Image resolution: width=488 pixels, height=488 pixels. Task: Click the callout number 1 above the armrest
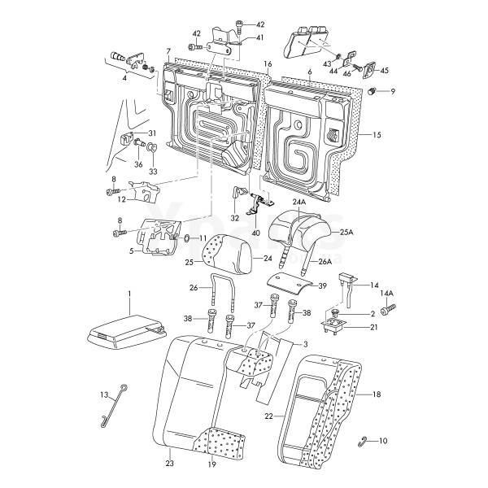(x=129, y=292)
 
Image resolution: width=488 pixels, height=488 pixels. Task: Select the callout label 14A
(x=387, y=294)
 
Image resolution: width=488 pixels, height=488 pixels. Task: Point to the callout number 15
(x=377, y=133)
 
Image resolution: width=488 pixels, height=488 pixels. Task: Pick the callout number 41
(x=259, y=38)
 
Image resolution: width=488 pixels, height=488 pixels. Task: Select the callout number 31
(x=152, y=133)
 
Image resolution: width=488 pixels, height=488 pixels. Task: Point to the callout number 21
(x=375, y=327)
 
